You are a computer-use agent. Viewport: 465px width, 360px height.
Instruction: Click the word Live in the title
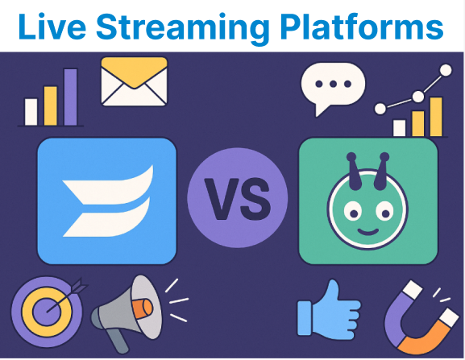point(52,26)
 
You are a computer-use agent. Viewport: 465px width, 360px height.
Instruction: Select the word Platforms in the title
point(362,26)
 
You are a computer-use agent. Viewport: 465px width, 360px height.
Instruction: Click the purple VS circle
point(238,198)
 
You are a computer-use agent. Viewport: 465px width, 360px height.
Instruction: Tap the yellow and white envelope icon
point(134,81)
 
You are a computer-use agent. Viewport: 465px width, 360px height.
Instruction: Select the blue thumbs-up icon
point(329,309)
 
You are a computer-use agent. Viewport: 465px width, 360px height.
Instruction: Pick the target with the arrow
point(47,312)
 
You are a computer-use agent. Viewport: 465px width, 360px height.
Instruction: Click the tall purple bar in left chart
point(71,97)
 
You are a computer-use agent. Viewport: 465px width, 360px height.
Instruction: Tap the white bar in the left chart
point(31,112)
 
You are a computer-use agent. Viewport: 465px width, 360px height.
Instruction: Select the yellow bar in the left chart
point(51,106)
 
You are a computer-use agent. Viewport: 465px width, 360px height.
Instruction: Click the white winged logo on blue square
point(108,201)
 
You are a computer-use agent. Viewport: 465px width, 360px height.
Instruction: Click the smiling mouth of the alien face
point(368,231)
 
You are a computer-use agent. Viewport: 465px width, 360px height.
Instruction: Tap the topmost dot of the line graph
point(446,71)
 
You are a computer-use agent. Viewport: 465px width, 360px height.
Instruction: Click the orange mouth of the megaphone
point(143,308)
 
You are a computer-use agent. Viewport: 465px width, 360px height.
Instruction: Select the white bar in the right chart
point(399,128)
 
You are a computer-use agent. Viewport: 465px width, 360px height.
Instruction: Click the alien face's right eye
point(384,211)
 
